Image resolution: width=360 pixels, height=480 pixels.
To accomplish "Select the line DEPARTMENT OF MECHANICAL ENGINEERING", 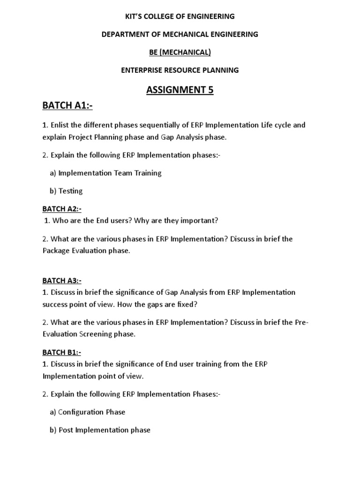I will [x=180, y=34].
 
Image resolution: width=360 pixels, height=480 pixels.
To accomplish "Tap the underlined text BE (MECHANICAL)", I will [x=180, y=52].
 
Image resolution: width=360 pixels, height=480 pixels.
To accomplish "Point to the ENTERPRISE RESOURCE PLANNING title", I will [x=180, y=70].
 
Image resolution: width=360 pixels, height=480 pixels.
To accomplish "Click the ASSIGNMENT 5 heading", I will [x=180, y=90].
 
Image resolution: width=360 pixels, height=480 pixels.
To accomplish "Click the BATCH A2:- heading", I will [x=62, y=209].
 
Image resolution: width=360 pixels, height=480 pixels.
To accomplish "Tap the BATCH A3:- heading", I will [x=62, y=281].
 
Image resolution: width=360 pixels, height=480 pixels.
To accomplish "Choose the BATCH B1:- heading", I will [x=62, y=352].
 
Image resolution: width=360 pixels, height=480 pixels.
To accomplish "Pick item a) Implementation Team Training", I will [x=105, y=173].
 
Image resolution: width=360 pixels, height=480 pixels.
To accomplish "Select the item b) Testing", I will [x=66, y=191].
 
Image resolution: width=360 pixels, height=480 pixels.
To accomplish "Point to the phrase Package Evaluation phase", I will [x=86, y=251].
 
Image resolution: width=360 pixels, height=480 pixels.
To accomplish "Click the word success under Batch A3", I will [x=56, y=304].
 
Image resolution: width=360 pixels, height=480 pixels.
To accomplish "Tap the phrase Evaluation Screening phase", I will [x=89, y=334].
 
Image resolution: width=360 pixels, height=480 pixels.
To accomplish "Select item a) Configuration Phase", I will [x=87, y=412].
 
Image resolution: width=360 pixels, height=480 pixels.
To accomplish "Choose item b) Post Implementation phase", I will [x=100, y=430].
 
